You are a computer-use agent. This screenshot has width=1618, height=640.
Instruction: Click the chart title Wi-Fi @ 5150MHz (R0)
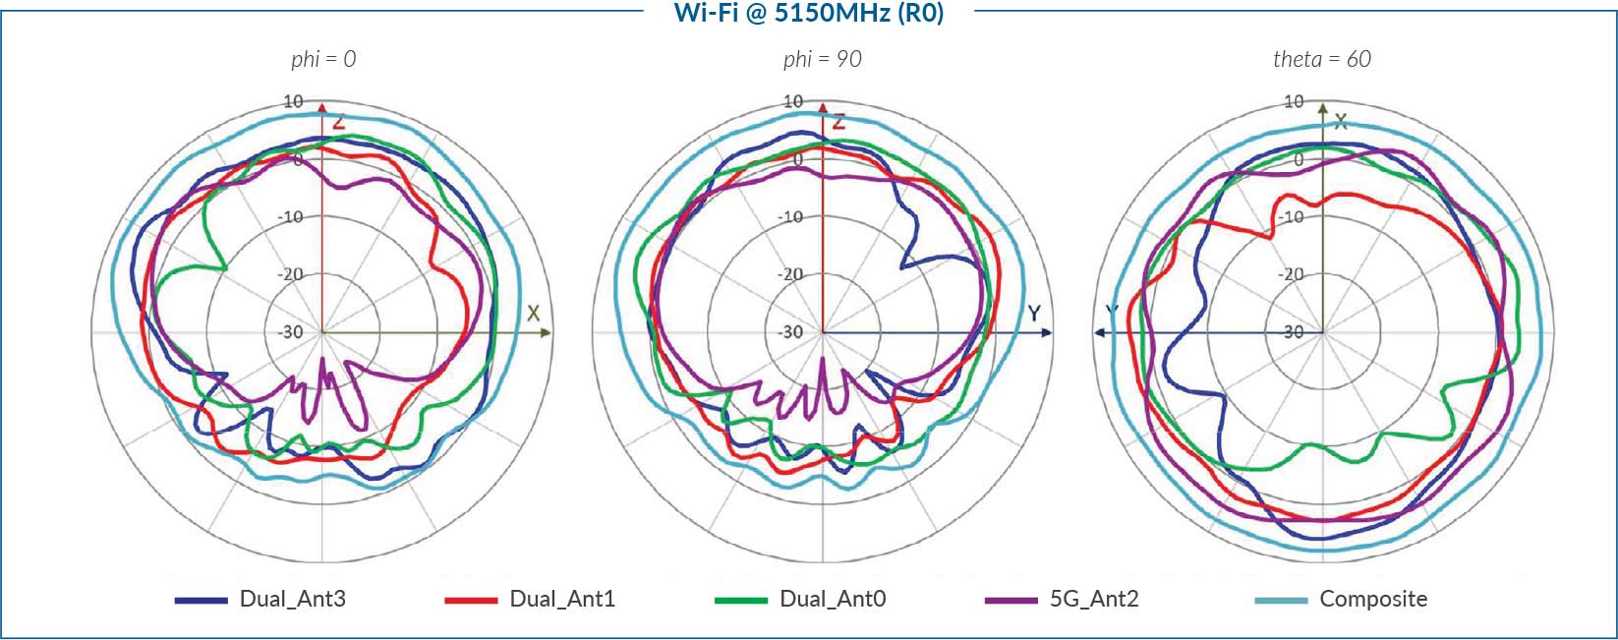coord(808,13)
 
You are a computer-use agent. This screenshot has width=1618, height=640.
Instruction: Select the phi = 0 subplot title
coord(323,59)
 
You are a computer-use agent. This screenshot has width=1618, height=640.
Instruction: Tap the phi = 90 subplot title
coord(822,59)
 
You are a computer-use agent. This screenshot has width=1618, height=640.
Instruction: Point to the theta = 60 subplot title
coord(1321,59)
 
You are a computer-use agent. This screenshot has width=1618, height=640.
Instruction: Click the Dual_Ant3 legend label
coord(292,599)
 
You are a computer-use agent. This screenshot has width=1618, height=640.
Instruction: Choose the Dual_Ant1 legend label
coord(562,599)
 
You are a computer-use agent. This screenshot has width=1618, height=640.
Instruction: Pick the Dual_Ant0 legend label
coord(833,599)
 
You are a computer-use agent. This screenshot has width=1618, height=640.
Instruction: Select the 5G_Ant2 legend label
coord(1094,599)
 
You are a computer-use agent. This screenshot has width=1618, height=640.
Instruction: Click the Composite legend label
coord(1373,599)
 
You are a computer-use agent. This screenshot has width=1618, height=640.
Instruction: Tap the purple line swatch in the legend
coord(1011,600)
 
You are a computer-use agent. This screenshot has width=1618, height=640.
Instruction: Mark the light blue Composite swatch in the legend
coord(1281,600)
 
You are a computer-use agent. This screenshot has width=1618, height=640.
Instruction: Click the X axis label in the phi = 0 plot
coord(533,314)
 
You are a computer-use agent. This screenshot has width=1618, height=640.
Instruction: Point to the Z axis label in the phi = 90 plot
coord(838,122)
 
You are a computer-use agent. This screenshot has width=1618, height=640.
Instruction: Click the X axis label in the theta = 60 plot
coord(1340,121)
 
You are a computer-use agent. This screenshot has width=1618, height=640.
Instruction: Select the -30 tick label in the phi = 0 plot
coord(291,332)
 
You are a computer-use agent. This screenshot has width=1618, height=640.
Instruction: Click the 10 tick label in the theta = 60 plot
coord(1295,101)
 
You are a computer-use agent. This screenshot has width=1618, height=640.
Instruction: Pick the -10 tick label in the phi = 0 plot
coord(291,217)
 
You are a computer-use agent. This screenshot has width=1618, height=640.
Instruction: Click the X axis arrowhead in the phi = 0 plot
coord(546,333)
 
